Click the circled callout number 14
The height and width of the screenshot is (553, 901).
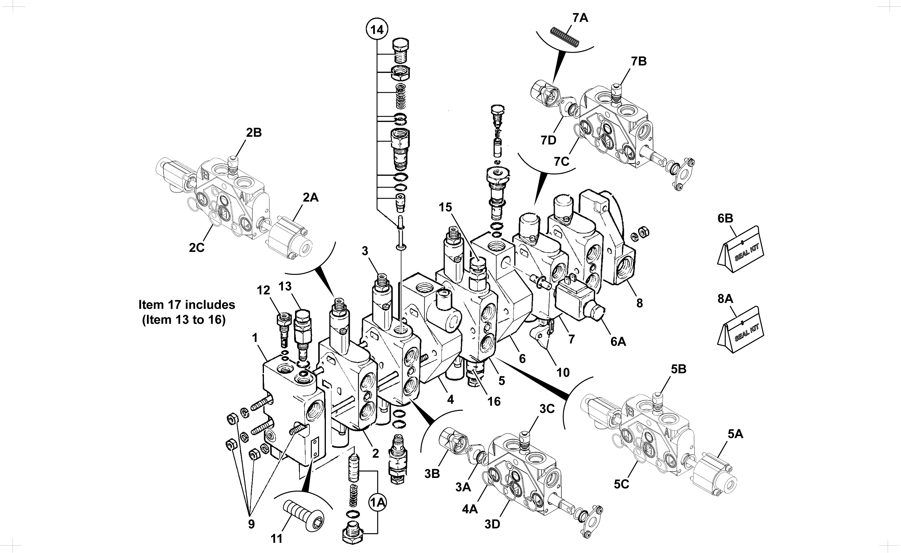click(x=377, y=29)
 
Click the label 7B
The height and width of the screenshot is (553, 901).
click(x=639, y=61)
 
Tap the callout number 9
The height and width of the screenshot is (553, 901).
click(x=251, y=524)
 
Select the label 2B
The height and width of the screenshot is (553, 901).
click(x=253, y=133)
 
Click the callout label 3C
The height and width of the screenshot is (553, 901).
click(x=547, y=409)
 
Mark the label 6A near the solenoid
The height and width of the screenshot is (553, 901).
click(x=618, y=341)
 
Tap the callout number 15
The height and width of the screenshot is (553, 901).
click(x=445, y=207)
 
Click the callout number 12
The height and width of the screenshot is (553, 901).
click(x=263, y=290)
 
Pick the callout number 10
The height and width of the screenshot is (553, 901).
click(x=563, y=372)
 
